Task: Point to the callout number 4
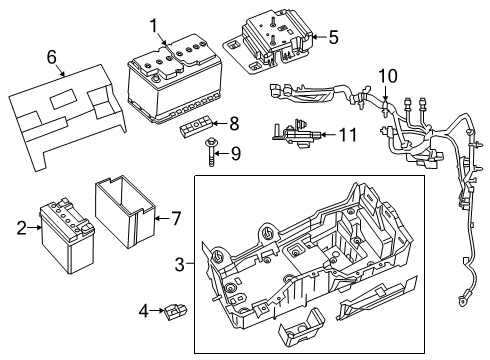(x=143, y=311)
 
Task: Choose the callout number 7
(x=175, y=218)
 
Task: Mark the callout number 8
(x=234, y=125)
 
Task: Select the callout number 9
(x=236, y=153)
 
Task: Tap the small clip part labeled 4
(x=174, y=311)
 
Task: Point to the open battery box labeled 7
(x=125, y=212)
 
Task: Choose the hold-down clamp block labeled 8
(x=195, y=127)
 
